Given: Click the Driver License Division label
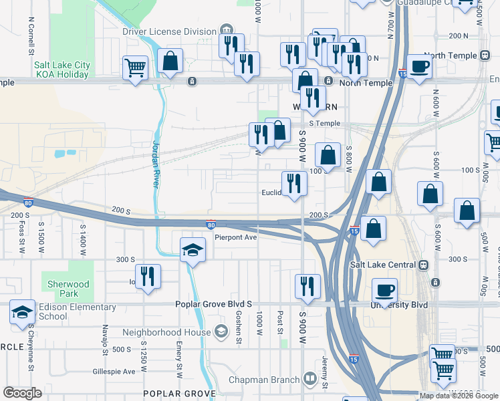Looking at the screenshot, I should (x=168, y=31).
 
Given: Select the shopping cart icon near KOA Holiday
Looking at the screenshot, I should (x=135, y=68).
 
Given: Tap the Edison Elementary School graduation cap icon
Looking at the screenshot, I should (x=22, y=311).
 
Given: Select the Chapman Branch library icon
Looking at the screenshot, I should (x=310, y=380).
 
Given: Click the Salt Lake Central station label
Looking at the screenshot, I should (x=383, y=265).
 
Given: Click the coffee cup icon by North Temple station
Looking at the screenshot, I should (x=419, y=66).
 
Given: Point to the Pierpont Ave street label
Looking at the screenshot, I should (x=235, y=237).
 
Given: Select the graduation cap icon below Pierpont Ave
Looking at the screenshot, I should (x=193, y=250).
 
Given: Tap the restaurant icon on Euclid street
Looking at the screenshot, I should (x=294, y=183).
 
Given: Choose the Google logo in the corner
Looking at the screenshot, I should (x=23, y=393).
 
